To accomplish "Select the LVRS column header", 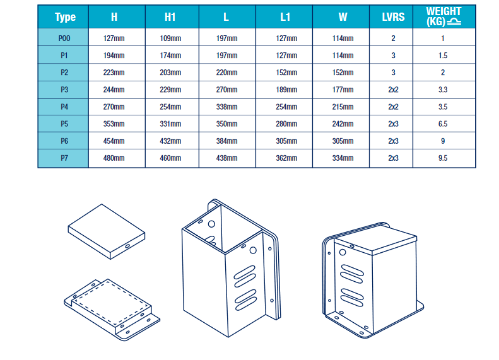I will [393, 17].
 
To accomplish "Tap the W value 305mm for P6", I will [343, 141].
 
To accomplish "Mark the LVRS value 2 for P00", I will [393, 38].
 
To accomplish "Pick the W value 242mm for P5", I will [343, 124].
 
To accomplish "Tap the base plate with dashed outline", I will [111, 307].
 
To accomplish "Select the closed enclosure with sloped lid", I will [372, 277].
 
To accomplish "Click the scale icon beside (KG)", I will [456, 23].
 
